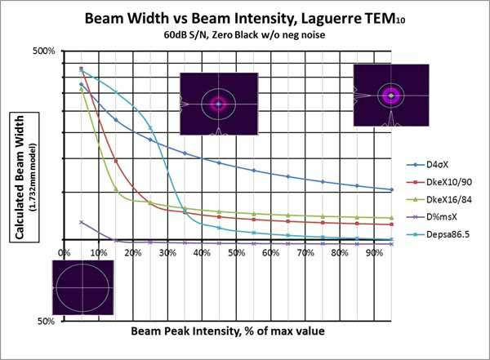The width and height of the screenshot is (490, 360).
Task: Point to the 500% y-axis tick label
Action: pyautogui.click(x=42, y=51)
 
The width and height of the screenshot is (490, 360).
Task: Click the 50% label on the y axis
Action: pyautogui.click(x=45, y=321)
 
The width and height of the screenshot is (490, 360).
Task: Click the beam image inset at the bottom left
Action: pyautogui.click(x=82, y=287)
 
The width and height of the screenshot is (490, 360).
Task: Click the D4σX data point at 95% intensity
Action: pyautogui.click(x=392, y=189)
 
